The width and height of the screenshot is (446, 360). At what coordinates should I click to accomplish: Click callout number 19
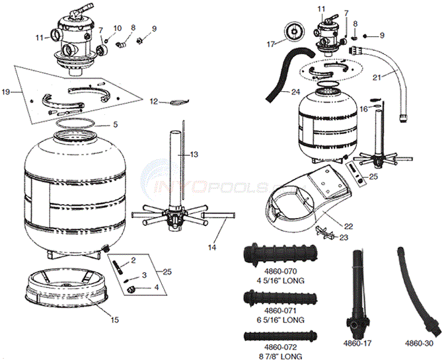click(x=6, y=90)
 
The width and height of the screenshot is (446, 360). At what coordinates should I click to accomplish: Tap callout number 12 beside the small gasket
click(x=152, y=101)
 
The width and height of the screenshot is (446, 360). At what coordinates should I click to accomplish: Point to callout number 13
click(x=194, y=154)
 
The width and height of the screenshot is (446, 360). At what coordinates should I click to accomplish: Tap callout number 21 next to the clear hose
click(x=377, y=77)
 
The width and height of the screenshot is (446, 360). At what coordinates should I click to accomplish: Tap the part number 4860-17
click(x=357, y=343)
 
